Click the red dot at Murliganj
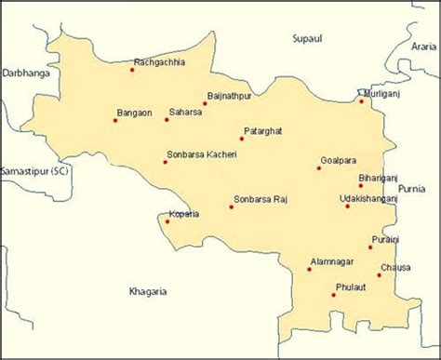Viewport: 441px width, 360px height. [362, 100]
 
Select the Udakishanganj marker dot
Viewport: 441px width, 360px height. [347, 206]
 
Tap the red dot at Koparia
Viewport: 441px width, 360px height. [167, 220]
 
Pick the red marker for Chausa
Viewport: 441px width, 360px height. [379, 274]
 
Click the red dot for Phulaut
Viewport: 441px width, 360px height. [333, 295]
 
